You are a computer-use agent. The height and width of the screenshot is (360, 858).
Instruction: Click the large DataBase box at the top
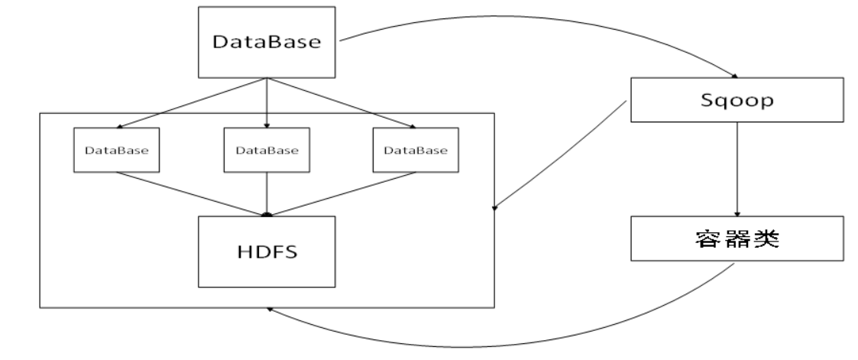267,42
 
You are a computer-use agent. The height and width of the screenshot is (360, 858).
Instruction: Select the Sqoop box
736,100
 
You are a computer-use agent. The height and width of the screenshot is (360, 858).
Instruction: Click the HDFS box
266,251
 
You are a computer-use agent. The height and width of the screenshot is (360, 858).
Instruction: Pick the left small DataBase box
117,149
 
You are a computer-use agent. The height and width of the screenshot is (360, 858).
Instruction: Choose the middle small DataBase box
266,149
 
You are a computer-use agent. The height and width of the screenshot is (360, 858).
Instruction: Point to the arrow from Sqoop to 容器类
737,168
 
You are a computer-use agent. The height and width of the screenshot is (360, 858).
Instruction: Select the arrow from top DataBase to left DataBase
191,101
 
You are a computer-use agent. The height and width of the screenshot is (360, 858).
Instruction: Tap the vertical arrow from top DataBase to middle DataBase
267,99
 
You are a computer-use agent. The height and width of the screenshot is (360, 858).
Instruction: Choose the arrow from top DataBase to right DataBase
342,101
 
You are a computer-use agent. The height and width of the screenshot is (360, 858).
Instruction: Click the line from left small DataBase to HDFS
191,193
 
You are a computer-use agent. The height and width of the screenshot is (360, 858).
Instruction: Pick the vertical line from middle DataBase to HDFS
266,193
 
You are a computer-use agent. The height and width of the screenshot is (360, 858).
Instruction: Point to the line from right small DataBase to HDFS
342,193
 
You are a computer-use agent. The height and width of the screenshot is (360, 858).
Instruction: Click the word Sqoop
736,100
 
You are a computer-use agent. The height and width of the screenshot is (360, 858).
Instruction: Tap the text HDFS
266,251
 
